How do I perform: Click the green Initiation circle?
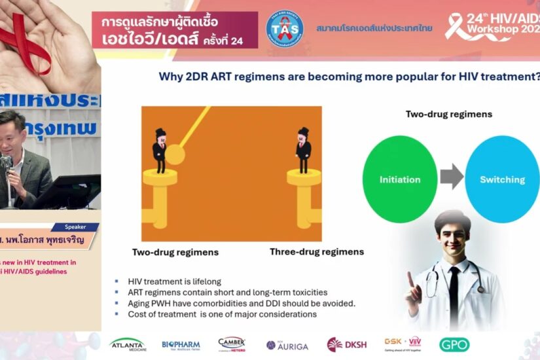pos(399,179)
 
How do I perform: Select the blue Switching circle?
pos(502,179)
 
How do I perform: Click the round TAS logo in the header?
pos(285,29)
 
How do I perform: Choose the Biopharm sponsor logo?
pos(181,344)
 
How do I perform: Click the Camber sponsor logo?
pos(232,344)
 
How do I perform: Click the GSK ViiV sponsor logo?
pos(403,344)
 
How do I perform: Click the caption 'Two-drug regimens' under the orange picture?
pos(175,251)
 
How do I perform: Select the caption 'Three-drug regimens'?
pos(317,251)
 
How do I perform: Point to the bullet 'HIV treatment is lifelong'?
pos(170,281)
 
